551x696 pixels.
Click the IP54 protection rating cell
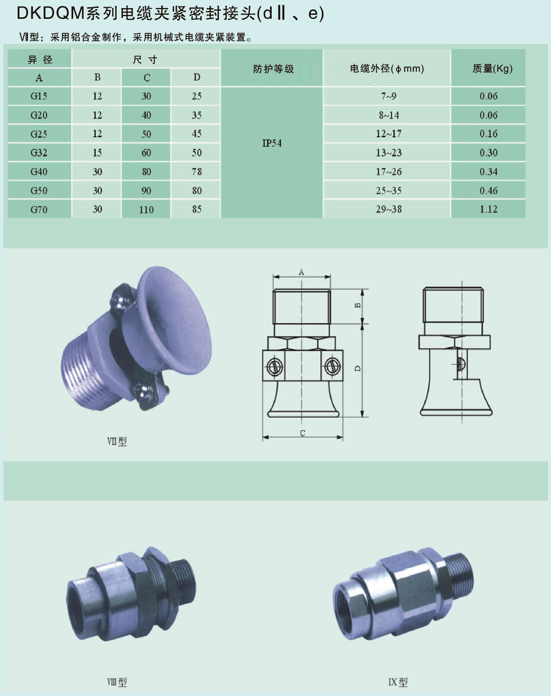click(x=272, y=143)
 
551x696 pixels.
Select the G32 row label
click(x=39, y=153)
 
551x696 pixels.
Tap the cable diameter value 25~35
click(x=388, y=190)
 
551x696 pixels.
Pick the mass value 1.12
click(x=488, y=209)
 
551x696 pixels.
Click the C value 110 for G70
click(x=146, y=210)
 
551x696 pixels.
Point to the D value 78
click(x=197, y=171)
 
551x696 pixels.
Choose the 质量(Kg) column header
click(x=492, y=68)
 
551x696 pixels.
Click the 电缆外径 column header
click(x=387, y=68)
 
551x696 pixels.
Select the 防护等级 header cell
click(x=274, y=69)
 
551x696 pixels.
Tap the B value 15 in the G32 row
click(x=97, y=153)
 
